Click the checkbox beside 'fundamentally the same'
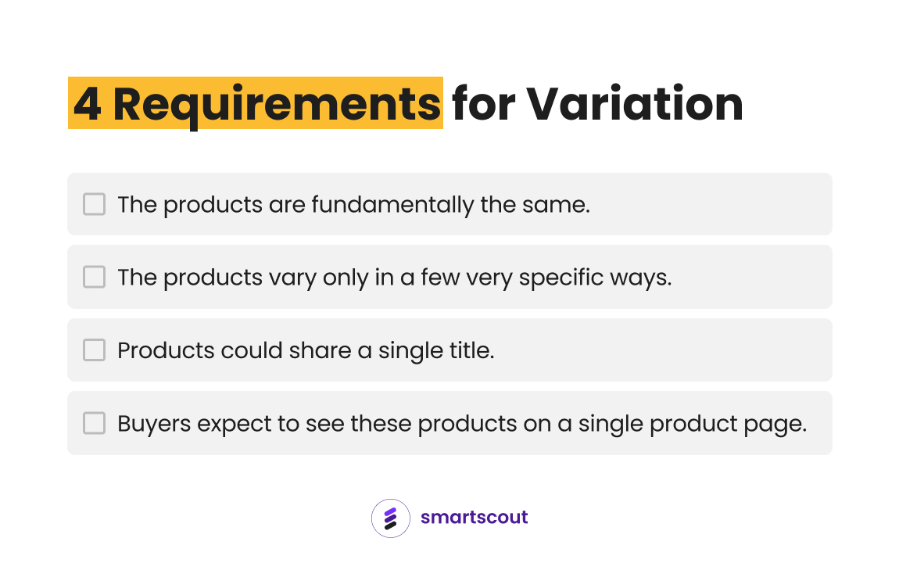pos(94,204)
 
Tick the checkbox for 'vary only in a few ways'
pos(94,277)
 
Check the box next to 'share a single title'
pos(94,350)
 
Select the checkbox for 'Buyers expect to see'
pos(94,423)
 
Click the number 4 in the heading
pos(88,104)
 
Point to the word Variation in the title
pos(635,104)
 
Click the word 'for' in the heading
pos(483,103)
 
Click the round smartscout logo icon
pos(390,518)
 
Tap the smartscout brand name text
pos(475,517)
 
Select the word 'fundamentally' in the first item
pos(392,206)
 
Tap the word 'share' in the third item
pos(320,350)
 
